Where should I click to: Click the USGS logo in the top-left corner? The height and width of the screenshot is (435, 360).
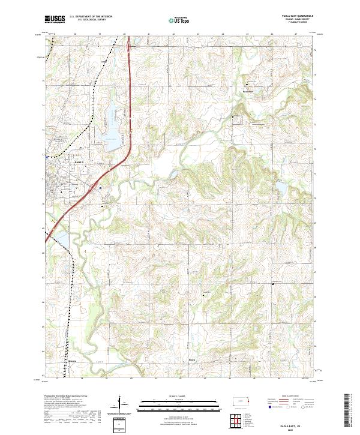pos(55,19)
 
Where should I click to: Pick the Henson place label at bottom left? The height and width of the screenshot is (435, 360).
pos(73,361)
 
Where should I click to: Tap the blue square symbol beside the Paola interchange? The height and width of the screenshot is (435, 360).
pos(101,188)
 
